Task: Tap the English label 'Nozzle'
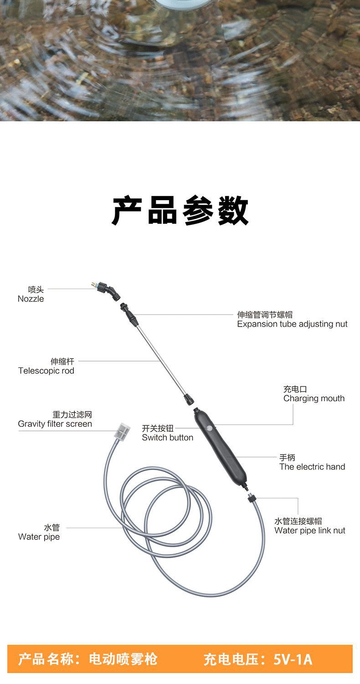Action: point(31,299)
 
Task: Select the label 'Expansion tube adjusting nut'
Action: point(292,324)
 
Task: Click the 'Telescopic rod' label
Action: point(46,371)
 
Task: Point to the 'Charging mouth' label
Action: point(314,399)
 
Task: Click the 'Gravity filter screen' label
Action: point(55,424)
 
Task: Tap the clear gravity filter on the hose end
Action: point(122,431)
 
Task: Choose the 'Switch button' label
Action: point(167,438)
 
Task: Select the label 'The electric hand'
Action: point(312,467)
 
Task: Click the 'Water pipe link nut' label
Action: point(310,531)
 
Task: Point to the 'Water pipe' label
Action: point(39,537)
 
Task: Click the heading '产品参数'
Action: point(180,211)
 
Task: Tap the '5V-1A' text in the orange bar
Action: point(293,659)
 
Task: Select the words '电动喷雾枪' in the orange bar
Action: point(123,659)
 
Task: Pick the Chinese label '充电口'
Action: point(295,389)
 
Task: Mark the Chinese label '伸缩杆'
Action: point(62,362)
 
